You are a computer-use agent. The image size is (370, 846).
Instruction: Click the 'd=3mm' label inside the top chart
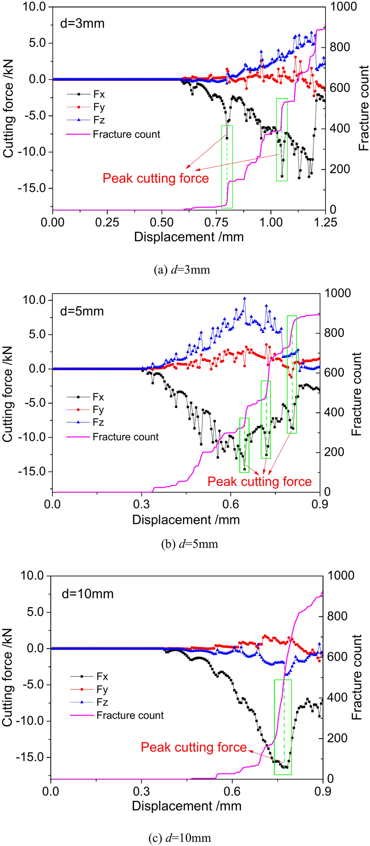pos(82,24)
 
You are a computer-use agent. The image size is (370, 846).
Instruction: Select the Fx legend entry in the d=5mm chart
pos(98,397)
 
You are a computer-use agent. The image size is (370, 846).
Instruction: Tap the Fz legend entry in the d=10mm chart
pos(102,702)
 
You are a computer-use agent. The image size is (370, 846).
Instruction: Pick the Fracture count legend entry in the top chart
pos(126,134)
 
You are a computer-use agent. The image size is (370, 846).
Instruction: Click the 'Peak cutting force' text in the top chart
pos(156,178)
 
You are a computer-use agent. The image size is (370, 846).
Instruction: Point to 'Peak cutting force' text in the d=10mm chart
pos(194,747)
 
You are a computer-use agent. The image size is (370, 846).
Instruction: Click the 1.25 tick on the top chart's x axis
pos(325,222)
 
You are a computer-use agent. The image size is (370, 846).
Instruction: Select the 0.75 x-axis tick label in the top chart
pos(216,222)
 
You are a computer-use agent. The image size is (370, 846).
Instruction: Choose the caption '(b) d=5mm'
pos(190,544)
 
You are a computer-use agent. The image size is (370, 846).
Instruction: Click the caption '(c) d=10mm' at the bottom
pos(179,838)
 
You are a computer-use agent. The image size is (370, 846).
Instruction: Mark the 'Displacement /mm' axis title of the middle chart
pos(186,520)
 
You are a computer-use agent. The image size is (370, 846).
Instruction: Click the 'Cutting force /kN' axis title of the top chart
pos(8,108)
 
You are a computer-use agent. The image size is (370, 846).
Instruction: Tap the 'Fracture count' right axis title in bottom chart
pos(357,676)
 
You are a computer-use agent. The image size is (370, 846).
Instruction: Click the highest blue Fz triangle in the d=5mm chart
pos(244,299)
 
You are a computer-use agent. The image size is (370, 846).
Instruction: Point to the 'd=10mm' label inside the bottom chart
pos(88,594)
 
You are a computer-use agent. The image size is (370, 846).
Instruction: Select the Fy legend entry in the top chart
pos(99,107)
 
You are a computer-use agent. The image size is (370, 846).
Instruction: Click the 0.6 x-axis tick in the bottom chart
pos(232,791)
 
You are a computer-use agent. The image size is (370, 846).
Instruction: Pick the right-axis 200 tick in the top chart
pos(340,169)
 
